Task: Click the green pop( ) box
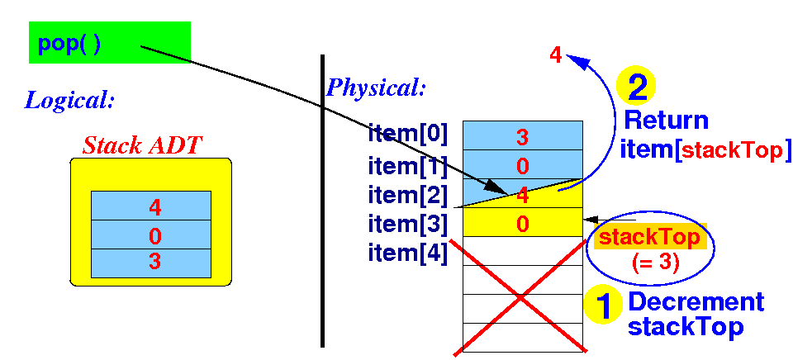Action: click(x=110, y=42)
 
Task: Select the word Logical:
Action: click(x=69, y=102)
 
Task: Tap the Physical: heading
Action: click(x=377, y=87)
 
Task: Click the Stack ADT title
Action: click(x=142, y=146)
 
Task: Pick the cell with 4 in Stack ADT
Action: click(x=151, y=206)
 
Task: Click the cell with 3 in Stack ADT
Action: click(x=151, y=263)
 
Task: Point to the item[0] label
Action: click(x=408, y=135)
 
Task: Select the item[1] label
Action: click(x=408, y=165)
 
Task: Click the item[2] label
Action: click(x=408, y=195)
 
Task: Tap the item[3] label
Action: click(x=408, y=224)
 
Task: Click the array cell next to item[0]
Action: click(x=522, y=135)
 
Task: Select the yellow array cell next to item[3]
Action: click(x=522, y=223)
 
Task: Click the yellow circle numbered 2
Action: click(x=637, y=86)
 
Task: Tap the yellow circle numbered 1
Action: click(x=604, y=306)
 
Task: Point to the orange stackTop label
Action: click(x=649, y=237)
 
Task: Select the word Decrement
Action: click(x=696, y=302)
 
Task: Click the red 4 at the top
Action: click(x=555, y=56)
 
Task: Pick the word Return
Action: click(x=666, y=121)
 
